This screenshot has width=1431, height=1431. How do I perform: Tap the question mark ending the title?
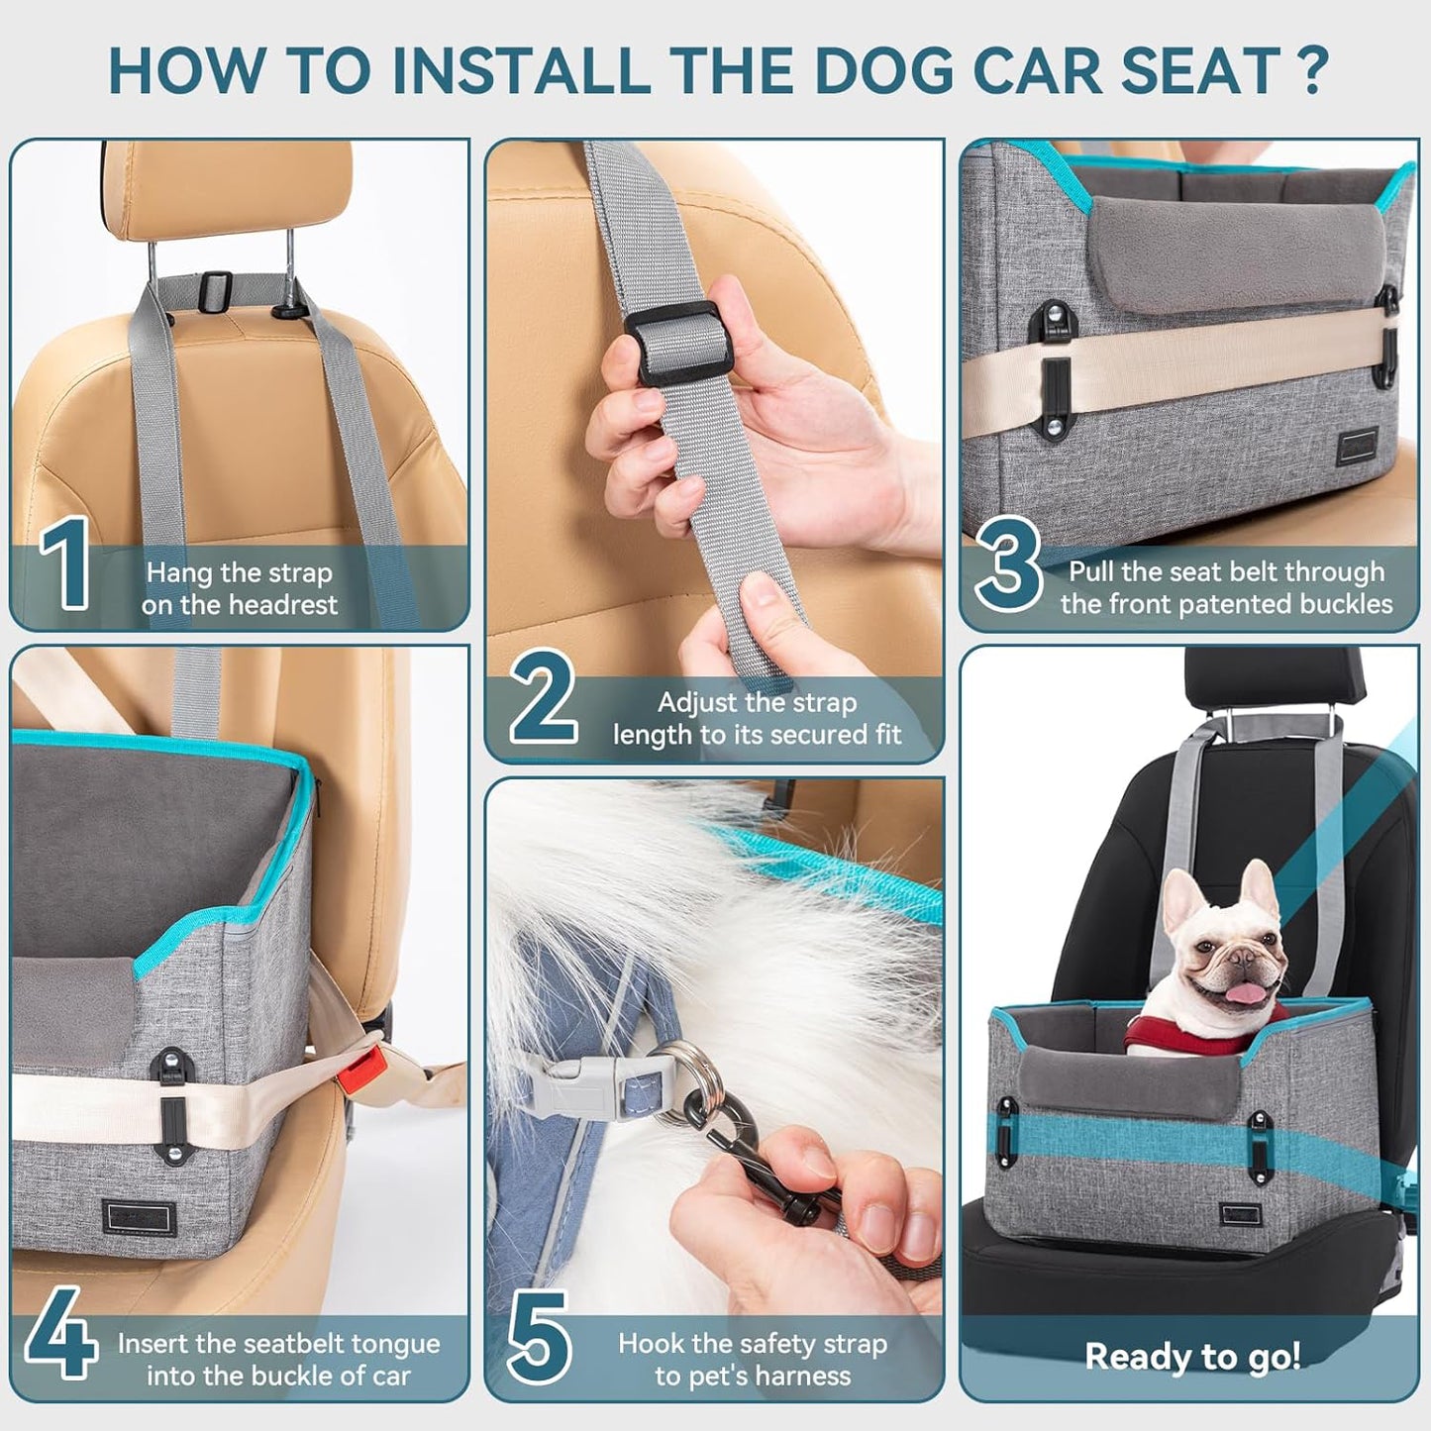(1313, 69)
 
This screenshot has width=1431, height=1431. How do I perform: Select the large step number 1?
(66, 564)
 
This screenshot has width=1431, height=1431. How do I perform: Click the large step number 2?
(544, 698)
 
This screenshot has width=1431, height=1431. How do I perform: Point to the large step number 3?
(1009, 566)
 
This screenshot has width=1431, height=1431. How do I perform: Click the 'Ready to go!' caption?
(1192, 1356)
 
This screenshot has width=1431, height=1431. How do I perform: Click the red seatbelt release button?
(370, 1068)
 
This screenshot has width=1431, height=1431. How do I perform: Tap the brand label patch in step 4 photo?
(139, 1218)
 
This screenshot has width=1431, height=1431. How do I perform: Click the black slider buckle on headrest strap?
(211, 289)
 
